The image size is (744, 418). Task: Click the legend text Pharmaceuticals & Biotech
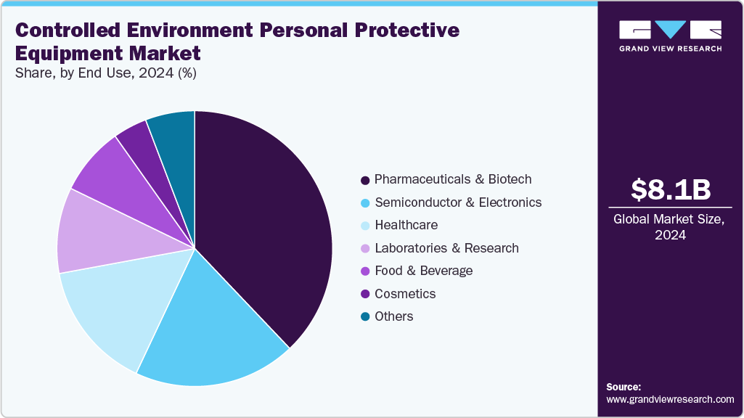[x=453, y=179]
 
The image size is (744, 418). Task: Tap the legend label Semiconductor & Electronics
[x=457, y=202]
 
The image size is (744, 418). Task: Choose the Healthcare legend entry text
[x=406, y=225]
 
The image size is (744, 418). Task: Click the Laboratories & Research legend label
[x=446, y=248]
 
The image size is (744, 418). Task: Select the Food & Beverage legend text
[x=423, y=271]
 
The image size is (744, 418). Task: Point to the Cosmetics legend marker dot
[x=365, y=294]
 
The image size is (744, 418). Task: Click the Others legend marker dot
[x=365, y=316]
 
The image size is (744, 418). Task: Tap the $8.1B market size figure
[x=670, y=189]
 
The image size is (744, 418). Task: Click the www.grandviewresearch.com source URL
[x=670, y=399]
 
